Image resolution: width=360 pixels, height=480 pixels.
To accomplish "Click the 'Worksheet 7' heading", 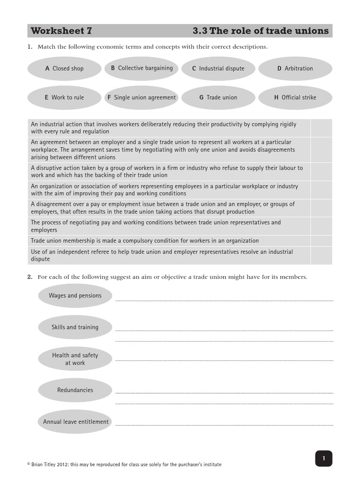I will [61, 31].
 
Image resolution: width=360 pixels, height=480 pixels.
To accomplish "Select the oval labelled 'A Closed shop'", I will [64, 68].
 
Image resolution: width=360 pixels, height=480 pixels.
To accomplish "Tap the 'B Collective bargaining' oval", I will [142, 68].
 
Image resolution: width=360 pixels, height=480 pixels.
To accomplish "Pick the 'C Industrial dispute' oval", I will [218, 68].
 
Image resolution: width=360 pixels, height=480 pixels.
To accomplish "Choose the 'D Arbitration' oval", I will [295, 68].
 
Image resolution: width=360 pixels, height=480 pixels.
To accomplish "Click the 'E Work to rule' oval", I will [64, 97].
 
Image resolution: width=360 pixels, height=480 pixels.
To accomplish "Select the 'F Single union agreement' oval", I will [142, 97].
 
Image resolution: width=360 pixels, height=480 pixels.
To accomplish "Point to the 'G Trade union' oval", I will [218, 97].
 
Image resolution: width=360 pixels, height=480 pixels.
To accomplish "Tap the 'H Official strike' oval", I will [295, 97].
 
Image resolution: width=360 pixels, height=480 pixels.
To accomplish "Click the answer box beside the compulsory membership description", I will [321, 241].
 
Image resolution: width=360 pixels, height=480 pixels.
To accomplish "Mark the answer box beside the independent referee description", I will [321, 255].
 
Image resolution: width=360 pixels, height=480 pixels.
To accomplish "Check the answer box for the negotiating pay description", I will [321, 226].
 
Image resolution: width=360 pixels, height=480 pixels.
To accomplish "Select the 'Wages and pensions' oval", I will [75, 296].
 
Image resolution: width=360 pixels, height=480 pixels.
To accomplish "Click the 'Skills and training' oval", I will [75, 327].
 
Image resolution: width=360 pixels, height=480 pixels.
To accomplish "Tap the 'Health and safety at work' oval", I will [75, 359].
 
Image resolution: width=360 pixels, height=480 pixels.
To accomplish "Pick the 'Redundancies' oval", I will [75, 390].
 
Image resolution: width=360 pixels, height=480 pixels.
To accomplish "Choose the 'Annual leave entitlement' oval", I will [75, 422].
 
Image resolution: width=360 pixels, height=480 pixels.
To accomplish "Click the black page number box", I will [323, 458].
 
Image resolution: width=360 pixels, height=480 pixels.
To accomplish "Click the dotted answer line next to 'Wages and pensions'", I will [224, 300].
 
